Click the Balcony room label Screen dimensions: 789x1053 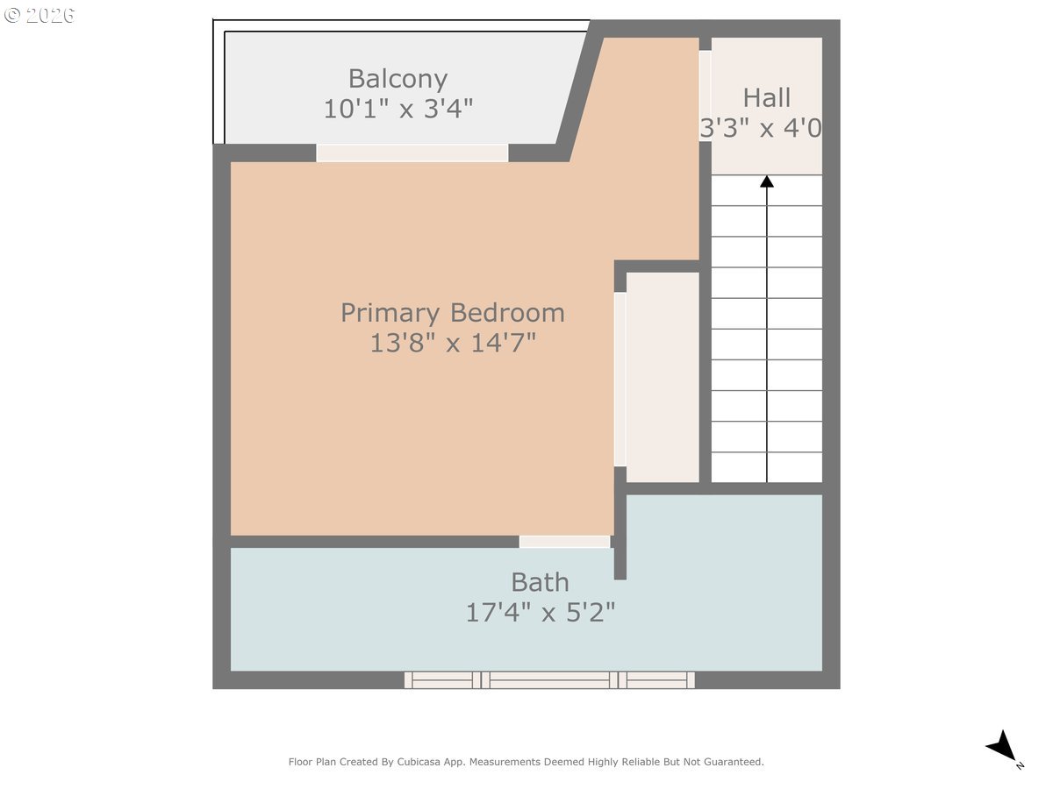click(x=398, y=79)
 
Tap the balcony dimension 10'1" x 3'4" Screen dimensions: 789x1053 click(x=398, y=110)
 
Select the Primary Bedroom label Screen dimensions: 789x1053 click(x=452, y=313)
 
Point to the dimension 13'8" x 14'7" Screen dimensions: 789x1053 click(x=452, y=343)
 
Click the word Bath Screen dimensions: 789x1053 click(x=540, y=582)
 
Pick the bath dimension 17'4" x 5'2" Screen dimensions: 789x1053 click(x=540, y=612)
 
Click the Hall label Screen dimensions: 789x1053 click(x=766, y=97)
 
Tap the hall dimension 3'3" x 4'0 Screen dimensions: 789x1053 click(x=761, y=129)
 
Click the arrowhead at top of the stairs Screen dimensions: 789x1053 click(x=767, y=181)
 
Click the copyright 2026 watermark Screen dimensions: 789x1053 click(x=39, y=15)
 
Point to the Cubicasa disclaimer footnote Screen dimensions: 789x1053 click(x=526, y=762)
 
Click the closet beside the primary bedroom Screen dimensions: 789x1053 click(x=663, y=377)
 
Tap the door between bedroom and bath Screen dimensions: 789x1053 click(x=564, y=542)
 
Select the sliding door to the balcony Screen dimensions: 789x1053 click(x=412, y=153)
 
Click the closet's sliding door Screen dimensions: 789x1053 click(x=620, y=379)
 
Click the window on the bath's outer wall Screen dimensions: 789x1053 click(x=549, y=680)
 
